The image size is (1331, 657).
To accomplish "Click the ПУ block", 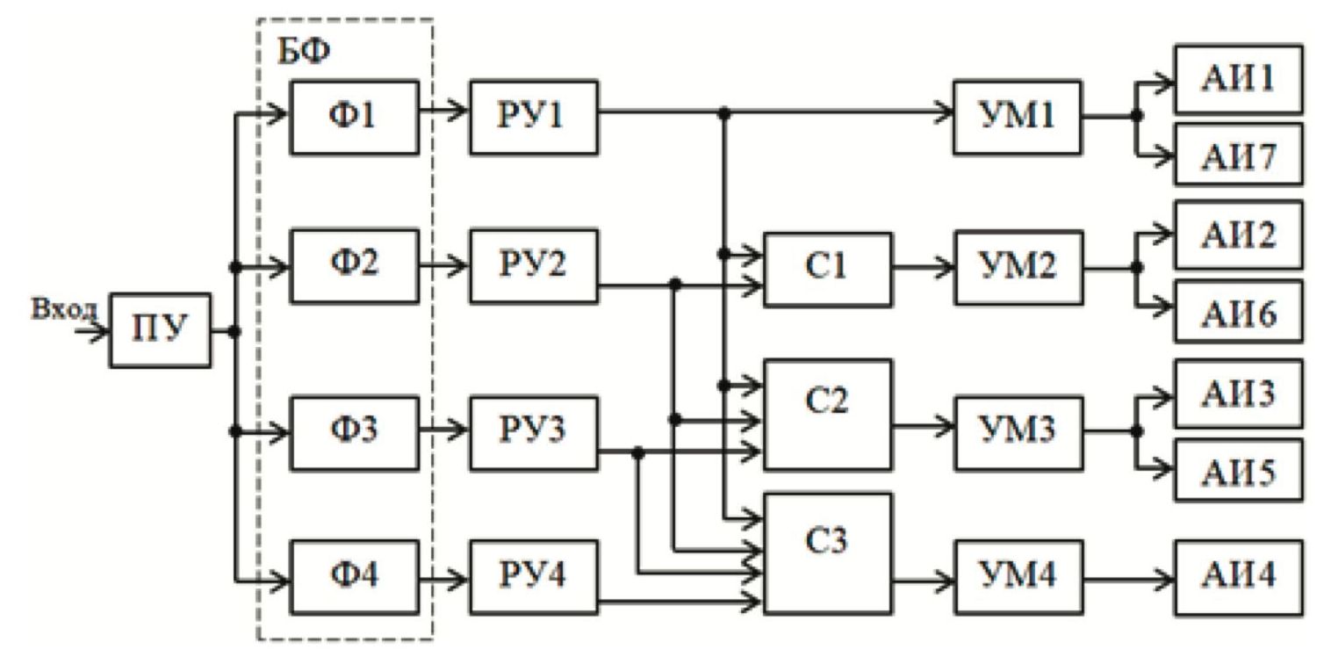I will [x=160, y=330].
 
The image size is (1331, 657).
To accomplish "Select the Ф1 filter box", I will [x=355, y=117].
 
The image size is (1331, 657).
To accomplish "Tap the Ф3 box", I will [x=355, y=431].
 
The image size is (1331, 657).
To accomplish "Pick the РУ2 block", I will [x=534, y=265].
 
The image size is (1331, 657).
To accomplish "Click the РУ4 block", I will [x=534, y=576].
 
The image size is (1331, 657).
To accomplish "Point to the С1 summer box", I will [x=828, y=269].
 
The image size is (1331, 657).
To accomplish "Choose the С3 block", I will [x=828, y=552].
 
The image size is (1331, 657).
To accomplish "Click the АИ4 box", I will [x=1239, y=576].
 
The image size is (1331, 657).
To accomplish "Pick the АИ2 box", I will [x=1239, y=235].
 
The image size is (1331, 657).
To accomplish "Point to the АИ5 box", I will [x=1239, y=473].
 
